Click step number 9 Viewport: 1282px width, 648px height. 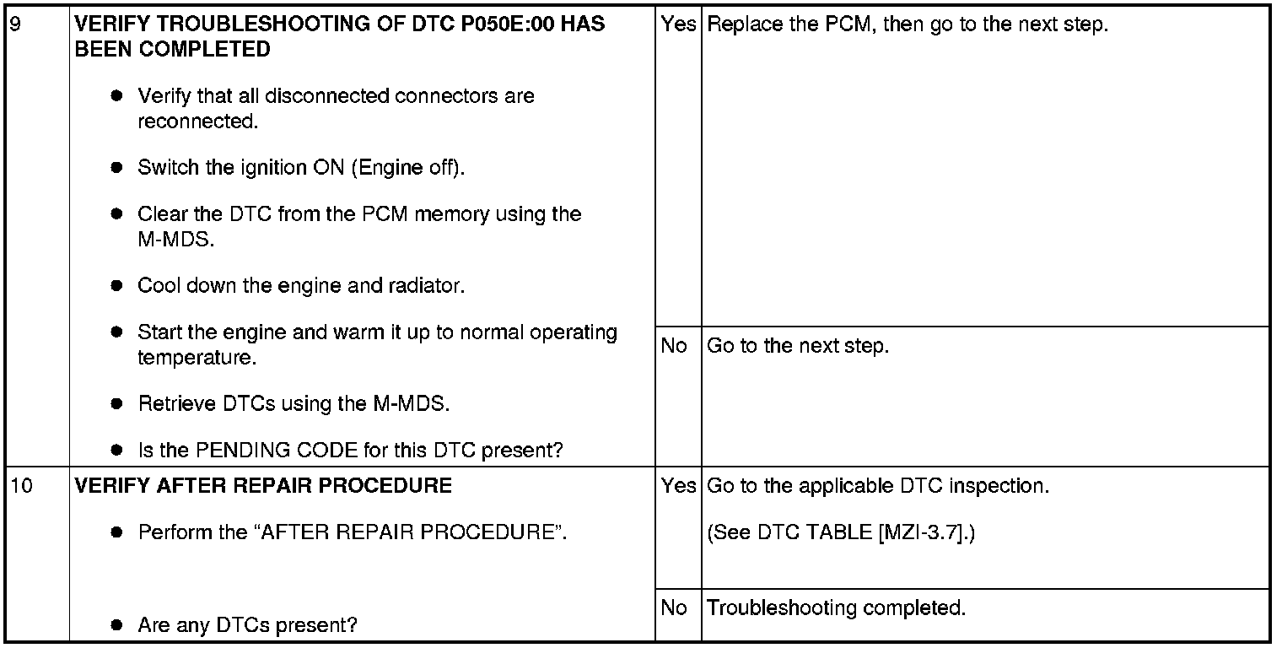tap(14, 24)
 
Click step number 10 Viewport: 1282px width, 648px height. tap(20, 486)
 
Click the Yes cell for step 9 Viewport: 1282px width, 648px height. tap(677, 24)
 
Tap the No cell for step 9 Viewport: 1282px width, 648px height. tap(674, 346)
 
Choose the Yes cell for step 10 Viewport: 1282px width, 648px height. tap(677, 486)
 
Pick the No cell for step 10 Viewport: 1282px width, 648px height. tap(674, 607)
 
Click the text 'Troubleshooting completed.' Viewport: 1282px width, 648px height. tap(836, 607)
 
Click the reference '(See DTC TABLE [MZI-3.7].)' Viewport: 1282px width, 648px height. tap(840, 533)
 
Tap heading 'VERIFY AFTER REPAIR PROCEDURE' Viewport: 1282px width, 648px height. tap(263, 486)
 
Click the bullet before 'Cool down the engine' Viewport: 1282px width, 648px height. tap(117, 286)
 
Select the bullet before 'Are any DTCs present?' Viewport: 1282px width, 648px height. tap(117, 626)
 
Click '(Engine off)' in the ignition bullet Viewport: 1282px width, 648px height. tap(408, 167)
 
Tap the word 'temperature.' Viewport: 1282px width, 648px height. tap(197, 358)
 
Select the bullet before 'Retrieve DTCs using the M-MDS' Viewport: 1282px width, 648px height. tap(117, 404)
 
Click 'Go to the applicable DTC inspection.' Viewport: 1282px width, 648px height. tap(877, 486)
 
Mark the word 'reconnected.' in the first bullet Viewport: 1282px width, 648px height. tap(197, 121)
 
